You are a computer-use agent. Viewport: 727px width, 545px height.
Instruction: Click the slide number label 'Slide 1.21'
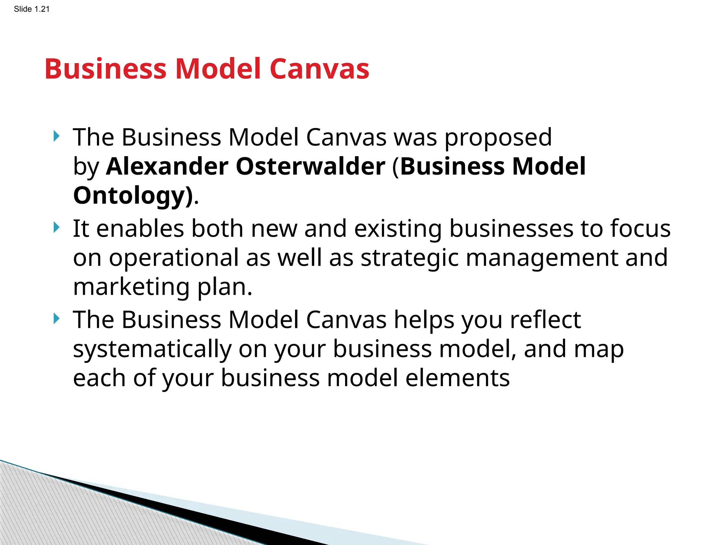(32, 9)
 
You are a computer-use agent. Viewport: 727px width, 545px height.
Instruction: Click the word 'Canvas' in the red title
(319, 69)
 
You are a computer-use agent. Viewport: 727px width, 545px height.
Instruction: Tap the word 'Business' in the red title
(105, 69)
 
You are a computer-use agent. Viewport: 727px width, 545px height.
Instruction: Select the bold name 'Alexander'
(167, 166)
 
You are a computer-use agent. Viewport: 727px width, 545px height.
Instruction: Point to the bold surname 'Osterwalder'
(310, 166)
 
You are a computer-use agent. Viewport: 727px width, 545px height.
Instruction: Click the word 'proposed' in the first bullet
(498, 138)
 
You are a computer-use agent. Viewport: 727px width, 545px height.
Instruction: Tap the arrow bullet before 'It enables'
(56, 227)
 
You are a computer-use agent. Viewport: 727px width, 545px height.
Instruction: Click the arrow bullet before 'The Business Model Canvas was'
(56, 136)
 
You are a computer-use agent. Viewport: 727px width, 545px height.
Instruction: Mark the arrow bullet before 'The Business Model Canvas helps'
(56, 319)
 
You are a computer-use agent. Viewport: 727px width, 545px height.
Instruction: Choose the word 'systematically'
(152, 349)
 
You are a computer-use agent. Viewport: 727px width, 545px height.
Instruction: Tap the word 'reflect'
(545, 320)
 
